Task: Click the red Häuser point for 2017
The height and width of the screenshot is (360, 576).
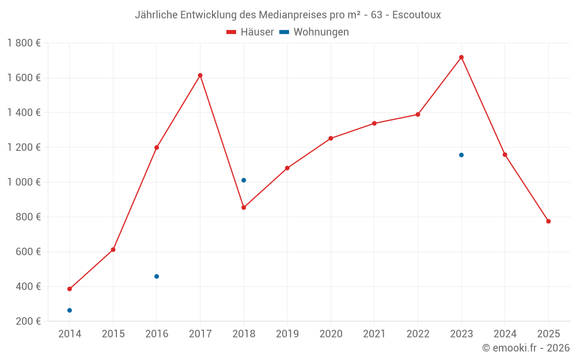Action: point(200,75)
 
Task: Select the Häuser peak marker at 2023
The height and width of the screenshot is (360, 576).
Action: point(461,57)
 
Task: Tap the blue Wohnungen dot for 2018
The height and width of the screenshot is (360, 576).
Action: point(244,180)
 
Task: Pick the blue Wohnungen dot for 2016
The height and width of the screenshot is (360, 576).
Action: point(157,276)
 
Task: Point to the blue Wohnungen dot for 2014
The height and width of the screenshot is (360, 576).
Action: point(70,310)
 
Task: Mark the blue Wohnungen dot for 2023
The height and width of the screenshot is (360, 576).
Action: point(461,155)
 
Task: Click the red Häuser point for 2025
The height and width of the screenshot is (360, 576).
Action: point(548,221)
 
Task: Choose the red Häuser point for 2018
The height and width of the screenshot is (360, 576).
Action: point(244,207)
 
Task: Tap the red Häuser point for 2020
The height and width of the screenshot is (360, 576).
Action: point(331,138)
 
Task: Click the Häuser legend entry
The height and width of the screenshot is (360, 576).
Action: point(250,32)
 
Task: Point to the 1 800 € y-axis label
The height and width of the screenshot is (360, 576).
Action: point(24,43)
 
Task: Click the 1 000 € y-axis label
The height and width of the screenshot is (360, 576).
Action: point(24,182)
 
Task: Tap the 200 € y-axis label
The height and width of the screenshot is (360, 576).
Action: point(28,321)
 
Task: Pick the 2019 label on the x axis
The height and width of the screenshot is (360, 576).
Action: point(287,334)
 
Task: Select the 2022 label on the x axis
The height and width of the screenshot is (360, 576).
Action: point(418,334)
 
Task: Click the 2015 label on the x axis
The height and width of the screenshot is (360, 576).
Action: point(113,334)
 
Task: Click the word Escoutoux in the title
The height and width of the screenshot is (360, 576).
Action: point(416,15)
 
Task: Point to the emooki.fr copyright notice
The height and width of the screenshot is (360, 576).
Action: point(526,348)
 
